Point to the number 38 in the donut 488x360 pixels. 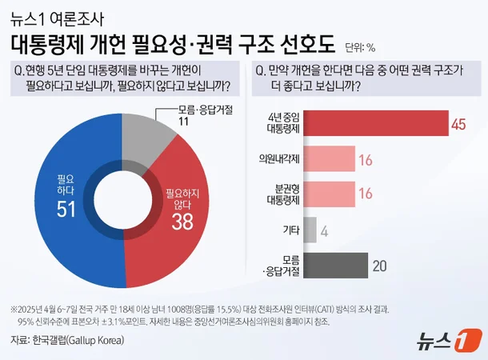coord(182,222)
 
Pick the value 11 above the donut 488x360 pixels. coord(182,122)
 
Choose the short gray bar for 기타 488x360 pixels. coord(310,230)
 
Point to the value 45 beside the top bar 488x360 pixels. coord(458,124)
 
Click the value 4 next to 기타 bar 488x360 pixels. coord(324,230)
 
